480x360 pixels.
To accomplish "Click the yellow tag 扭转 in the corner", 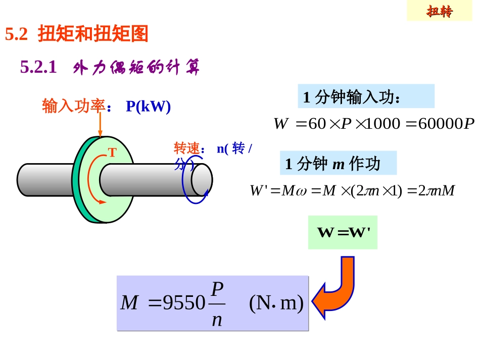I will click(x=440, y=12).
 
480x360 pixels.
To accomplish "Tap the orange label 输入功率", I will click(x=73, y=107).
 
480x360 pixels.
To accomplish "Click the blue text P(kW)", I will click(x=148, y=107).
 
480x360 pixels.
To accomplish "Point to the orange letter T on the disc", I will click(x=112, y=152).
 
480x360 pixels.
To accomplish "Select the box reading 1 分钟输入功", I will click(x=366, y=96).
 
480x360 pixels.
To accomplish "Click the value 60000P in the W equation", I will click(x=447, y=124).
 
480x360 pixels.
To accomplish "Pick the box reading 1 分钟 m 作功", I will click(x=338, y=164).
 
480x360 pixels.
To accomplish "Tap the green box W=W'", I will click(x=343, y=233).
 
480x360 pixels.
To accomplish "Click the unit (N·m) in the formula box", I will click(x=276, y=303).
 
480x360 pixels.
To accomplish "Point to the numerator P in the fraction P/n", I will click(x=217, y=289).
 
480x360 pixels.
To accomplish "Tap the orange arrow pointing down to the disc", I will click(x=100, y=124).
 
